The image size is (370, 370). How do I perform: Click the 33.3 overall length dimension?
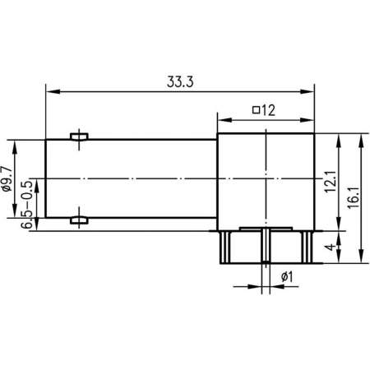pos(179,81)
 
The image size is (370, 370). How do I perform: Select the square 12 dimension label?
pos(263,110)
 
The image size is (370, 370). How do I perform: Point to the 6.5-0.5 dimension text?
pos(26,201)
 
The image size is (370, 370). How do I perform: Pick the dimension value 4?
pos(329,247)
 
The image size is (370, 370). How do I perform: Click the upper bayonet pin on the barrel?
pos(80,136)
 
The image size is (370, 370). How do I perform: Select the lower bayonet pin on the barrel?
pos(80,220)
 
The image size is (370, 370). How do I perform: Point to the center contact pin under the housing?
pos(266,247)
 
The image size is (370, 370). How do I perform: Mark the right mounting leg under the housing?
pos(308,247)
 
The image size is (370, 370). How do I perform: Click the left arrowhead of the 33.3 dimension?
pos(50,90)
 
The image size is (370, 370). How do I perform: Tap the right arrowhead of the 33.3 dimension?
pos(310,90)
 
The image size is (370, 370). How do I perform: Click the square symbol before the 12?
pos(256,110)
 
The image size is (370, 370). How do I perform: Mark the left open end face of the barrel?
pos(46,178)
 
